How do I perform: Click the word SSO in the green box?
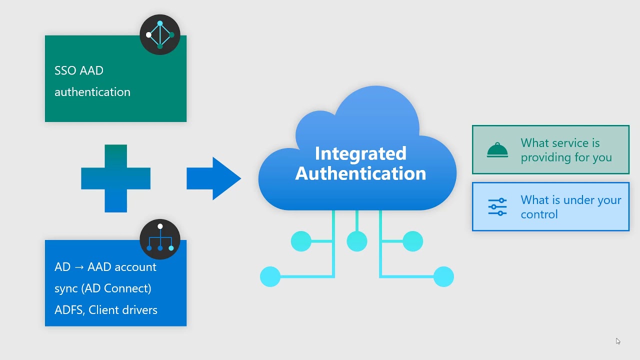pyautogui.click(x=65, y=70)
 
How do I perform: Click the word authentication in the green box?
pyautogui.click(x=92, y=92)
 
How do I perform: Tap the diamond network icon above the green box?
pyautogui.click(x=160, y=34)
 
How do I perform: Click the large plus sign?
pyautogui.click(x=116, y=178)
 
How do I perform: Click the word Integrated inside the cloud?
pyautogui.click(x=360, y=153)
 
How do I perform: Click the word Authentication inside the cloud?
pyautogui.click(x=360, y=173)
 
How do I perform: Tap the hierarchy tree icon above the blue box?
pyautogui.click(x=160, y=239)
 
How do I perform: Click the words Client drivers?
pyautogui.click(x=123, y=310)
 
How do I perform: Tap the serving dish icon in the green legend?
pyautogui.click(x=497, y=149)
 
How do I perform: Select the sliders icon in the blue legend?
pyautogui.click(x=497, y=206)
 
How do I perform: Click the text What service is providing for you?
pyautogui.click(x=566, y=150)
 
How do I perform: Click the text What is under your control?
pyautogui.click(x=570, y=207)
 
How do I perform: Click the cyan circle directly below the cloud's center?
pyautogui.click(x=357, y=241)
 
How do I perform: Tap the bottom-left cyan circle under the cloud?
pyautogui.click(x=270, y=276)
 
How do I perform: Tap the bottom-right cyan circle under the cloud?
pyautogui.click(x=443, y=276)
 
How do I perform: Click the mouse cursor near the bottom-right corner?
pyautogui.click(x=618, y=341)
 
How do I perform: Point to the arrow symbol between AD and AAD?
pyautogui.click(x=79, y=267)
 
